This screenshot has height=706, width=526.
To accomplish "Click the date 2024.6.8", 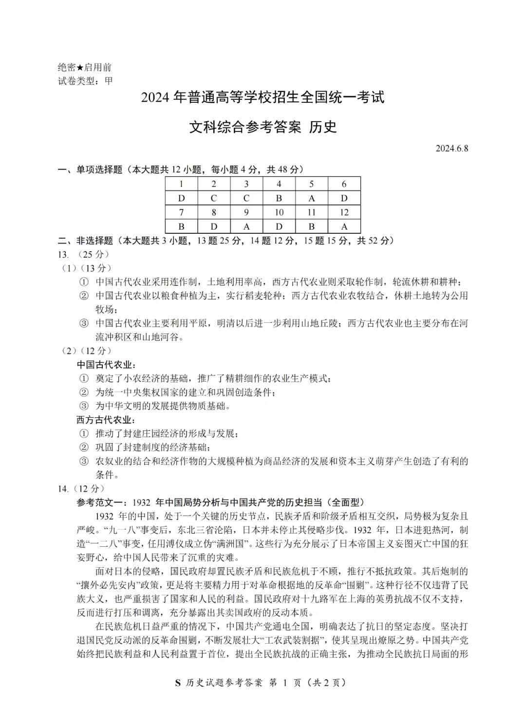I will (451, 149).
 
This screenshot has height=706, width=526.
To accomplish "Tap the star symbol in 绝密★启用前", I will (80, 68).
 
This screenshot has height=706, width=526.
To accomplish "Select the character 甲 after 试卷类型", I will (108, 81).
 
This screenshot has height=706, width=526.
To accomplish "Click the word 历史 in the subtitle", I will (323, 127).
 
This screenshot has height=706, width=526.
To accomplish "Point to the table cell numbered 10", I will (279, 212).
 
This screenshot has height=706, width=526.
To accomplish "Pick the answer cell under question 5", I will (311, 198).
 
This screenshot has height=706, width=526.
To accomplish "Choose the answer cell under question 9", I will (246, 226).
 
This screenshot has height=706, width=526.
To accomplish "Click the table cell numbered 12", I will (344, 212).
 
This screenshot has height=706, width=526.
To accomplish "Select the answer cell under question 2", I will (214, 198).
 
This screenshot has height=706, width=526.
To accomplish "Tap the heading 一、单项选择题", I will (90, 169).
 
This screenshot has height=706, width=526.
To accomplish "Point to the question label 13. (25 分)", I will (83, 254).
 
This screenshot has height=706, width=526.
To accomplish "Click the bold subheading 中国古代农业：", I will (106, 365).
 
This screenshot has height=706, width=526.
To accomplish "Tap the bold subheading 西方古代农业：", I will (106, 420).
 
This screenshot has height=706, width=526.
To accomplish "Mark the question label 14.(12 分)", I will (81, 489).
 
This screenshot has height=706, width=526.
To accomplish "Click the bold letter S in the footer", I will (178, 683).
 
